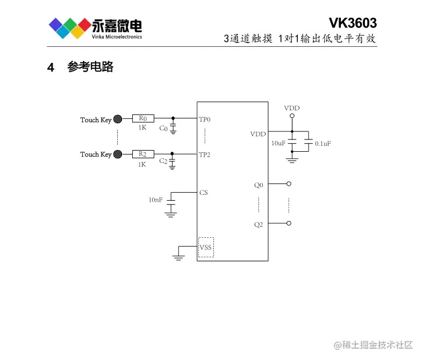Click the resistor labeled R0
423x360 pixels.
[143, 118]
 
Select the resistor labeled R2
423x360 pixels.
[143, 154]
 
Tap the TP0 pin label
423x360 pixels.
[205, 119]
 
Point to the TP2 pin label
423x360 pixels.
[205, 155]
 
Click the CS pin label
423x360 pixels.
[203, 192]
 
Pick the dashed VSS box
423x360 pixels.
[206, 248]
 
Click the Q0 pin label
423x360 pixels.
[259, 185]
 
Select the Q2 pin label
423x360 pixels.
[259, 224]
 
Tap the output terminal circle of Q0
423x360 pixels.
[289, 184]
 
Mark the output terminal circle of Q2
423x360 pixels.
[289, 223]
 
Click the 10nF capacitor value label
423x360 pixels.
[155, 200]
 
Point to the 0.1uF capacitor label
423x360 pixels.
[323, 144]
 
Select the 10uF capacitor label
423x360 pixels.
[278, 144]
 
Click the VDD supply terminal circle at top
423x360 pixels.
[292, 116]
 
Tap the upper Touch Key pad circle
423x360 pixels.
[118, 119]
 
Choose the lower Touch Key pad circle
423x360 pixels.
[118, 154]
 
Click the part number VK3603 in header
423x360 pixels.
[353, 23]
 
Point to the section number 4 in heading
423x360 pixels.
[51, 68]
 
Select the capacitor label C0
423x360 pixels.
[163, 129]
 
